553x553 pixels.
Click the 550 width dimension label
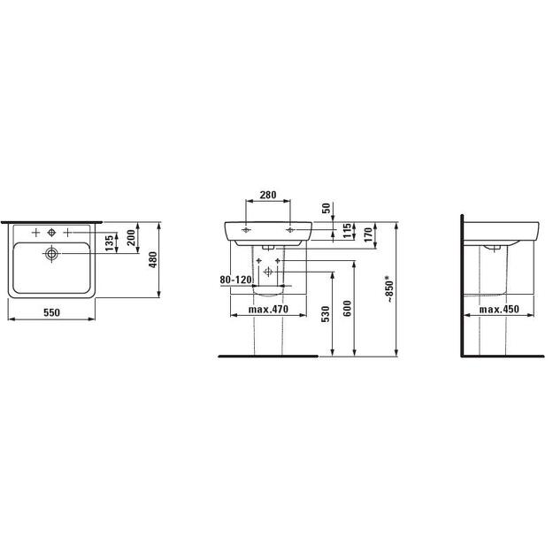[x=51, y=312]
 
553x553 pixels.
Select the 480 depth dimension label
[x=153, y=259]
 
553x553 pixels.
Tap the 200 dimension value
[x=131, y=238]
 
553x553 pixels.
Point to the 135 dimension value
[x=110, y=243]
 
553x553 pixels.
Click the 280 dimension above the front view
[x=268, y=195]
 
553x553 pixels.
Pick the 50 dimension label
[x=326, y=208]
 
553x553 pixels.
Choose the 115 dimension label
[x=348, y=231]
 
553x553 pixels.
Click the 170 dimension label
[x=368, y=234]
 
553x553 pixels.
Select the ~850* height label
[x=388, y=289]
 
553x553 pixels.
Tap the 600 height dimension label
[x=348, y=308]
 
